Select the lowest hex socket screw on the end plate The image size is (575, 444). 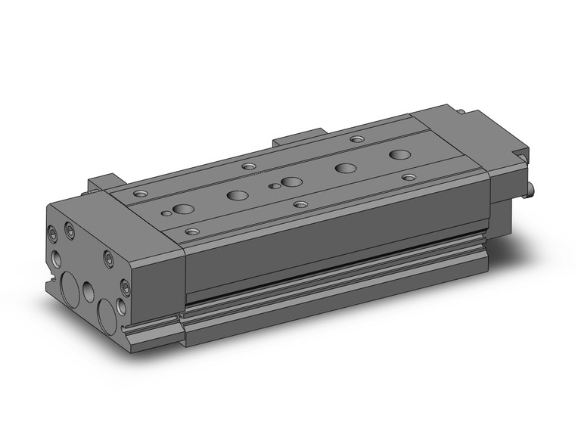tap(125, 288)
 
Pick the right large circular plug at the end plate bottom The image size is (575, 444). tap(107, 312)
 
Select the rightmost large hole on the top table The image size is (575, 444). tap(399, 154)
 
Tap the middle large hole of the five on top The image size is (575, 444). tap(291, 182)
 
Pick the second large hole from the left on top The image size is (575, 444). tap(237, 195)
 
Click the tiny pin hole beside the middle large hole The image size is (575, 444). tap(270, 185)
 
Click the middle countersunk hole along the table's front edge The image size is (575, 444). tap(300, 203)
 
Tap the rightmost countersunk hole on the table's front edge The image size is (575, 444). tap(409, 177)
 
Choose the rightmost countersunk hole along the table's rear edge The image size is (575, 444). tap(357, 139)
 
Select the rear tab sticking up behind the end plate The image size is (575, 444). tap(103, 184)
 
